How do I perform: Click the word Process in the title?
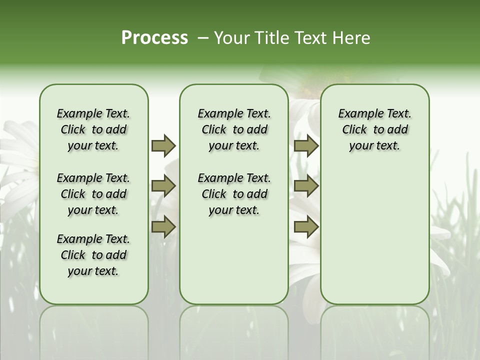154,38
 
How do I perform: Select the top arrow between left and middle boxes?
163,146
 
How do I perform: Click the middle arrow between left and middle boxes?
163,186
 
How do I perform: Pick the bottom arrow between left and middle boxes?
163,227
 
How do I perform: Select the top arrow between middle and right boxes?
305,146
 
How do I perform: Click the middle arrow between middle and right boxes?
305,186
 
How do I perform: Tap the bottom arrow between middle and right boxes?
305,227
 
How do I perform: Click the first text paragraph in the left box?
93,129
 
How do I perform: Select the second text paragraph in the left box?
93,194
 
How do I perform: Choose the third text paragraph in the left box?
93,255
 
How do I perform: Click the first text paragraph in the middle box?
234,129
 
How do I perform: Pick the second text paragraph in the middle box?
234,194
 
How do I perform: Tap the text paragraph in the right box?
374,129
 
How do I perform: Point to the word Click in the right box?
354,130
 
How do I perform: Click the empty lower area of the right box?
374,235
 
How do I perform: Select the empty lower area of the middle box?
234,260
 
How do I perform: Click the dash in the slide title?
203,38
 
